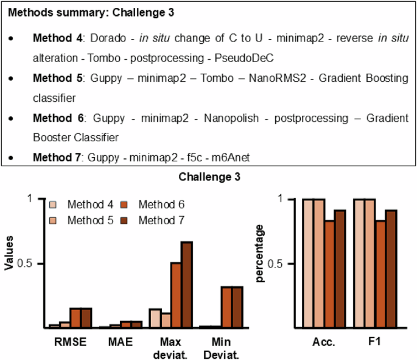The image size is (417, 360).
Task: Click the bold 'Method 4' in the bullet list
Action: (58, 38)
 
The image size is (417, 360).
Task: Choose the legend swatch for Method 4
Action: (54, 204)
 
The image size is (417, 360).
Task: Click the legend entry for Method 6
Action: (160, 204)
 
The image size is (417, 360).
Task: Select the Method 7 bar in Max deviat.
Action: (186, 285)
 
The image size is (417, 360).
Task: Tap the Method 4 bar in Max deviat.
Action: (155, 319)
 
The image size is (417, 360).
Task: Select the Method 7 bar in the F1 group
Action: (391, 269)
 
